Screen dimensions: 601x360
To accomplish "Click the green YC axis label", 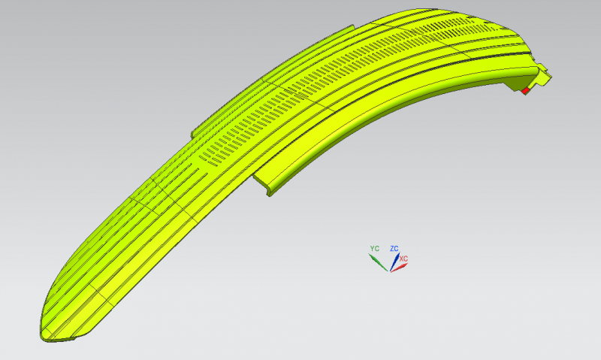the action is [374, 249].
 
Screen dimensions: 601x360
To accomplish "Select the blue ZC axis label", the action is [394, 249].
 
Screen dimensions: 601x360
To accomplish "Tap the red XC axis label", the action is [403, 259].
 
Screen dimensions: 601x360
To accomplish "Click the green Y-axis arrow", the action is [378, 262].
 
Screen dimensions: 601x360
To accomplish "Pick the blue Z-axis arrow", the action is [395, 262].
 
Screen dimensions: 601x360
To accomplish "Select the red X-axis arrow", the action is [399, 268].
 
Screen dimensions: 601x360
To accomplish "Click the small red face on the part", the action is [525, 90].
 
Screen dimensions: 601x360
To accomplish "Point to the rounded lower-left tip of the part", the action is [42, 333].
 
